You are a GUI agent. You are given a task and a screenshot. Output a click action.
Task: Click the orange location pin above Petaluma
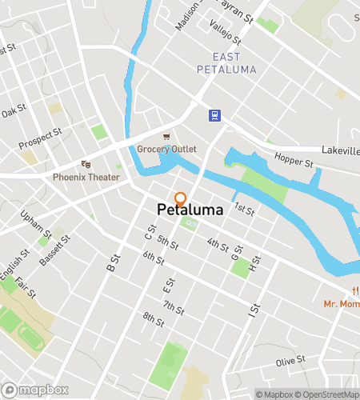(181, 198)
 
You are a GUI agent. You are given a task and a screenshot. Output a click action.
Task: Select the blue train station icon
(215, 115)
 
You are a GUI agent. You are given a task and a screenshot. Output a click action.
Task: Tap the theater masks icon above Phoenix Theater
(86, 164)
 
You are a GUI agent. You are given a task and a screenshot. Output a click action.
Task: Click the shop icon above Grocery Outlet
(166, 137)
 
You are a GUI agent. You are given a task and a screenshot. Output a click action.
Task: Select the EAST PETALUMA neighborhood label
(234, 62)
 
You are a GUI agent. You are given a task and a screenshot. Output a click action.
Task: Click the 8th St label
(153, 318)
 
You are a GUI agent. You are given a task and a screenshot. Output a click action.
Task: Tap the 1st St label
(244, 210)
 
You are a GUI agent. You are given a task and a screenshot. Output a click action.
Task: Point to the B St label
(111, 262)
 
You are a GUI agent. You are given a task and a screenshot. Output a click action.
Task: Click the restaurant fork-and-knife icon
(353, 291)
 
